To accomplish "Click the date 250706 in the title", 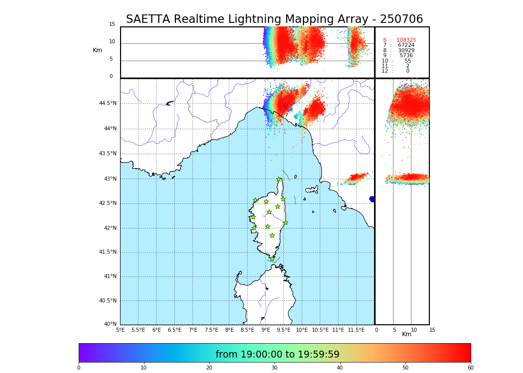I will tap(401, 19).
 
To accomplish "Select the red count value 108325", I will tap(406, 40).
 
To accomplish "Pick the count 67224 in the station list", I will tap(406, 45).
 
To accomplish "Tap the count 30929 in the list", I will tap(406, 51).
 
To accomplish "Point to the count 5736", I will tap(406, 56).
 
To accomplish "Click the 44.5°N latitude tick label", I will tap(108, 103).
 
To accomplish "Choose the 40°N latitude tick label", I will tap(110, 324).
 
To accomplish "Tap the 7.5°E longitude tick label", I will tap(211, 330).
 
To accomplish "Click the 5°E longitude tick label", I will tap(121, 330).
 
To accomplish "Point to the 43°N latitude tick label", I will tap(110, 179).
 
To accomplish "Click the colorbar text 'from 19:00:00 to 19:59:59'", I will tap(277, 355).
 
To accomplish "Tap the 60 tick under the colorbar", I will tap(470, 368).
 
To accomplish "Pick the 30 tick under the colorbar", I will tap(274, 368).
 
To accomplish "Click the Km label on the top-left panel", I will tap(97, 50).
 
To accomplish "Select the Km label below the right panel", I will tap(407, 334).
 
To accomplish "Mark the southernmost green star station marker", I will tap(272, 259).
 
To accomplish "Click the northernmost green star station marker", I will tap(279, 180).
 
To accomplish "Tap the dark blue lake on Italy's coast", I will tap(372, 199).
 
